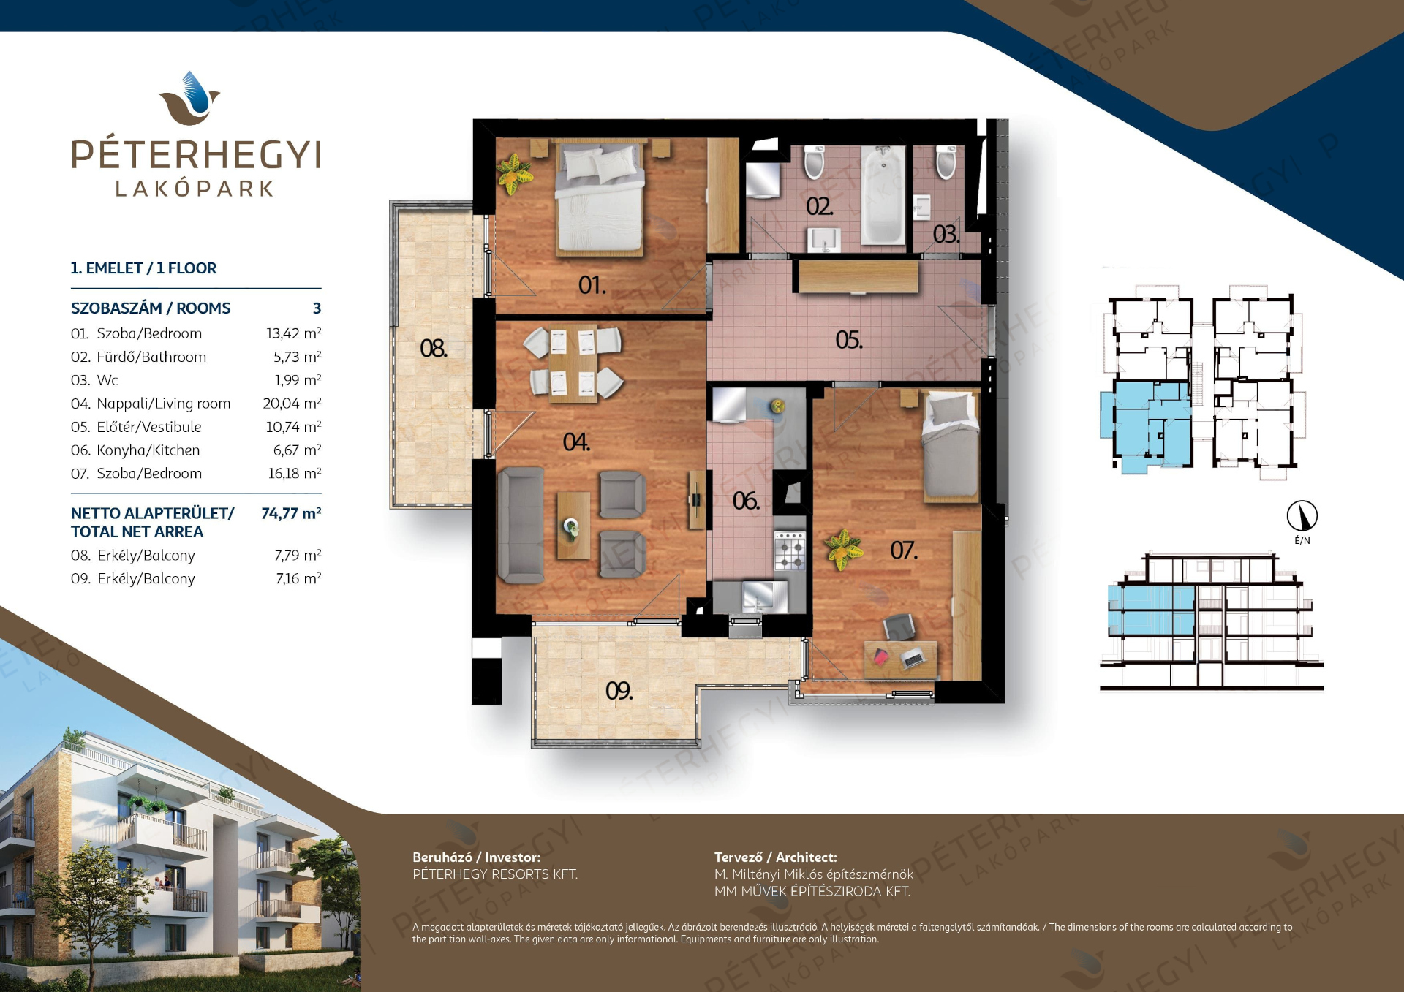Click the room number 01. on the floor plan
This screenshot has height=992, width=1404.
[x=592, y=285]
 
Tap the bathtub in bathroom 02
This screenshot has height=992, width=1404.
[x=883, y=194]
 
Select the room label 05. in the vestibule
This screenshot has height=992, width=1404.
[x=849, y=340]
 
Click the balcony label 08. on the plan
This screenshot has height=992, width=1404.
[x=434, y=348]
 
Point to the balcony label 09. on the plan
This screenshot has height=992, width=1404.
[x=619, y=691]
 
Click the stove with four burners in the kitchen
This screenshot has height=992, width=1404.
[x=790, y=550]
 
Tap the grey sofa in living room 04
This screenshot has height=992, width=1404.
[x=521, y=526]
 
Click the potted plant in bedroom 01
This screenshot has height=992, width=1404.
[x=514, y=173]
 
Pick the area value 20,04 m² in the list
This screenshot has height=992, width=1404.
[x=292, y=404]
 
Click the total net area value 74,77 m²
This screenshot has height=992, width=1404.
[x=291, y=513]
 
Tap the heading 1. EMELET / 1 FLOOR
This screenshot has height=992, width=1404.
[x=143, y=268]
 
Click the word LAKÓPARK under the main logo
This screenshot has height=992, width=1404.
[x=195, y=189]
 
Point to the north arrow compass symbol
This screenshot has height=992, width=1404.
[x=1302, y=515]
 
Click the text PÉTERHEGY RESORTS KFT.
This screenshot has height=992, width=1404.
[x=495, y=874]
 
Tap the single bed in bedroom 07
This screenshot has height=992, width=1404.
[x=951, y=446]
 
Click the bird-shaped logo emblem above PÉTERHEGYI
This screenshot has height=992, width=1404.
[x=190, y=98]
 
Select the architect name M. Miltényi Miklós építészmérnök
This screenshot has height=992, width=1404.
[x=814, y=874]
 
